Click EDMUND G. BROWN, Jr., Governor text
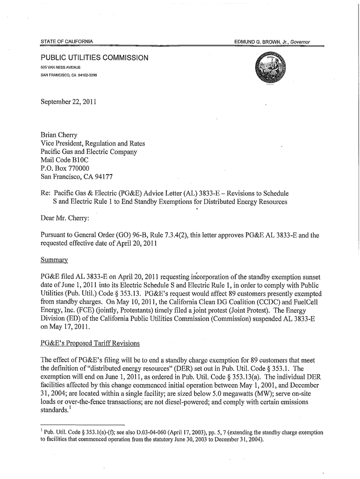pyautogui.click(x=273, y=42)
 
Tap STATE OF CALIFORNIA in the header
pyautogui.click(x=67, y=42)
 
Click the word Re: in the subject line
pyautogui.click(x=46, y=193)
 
